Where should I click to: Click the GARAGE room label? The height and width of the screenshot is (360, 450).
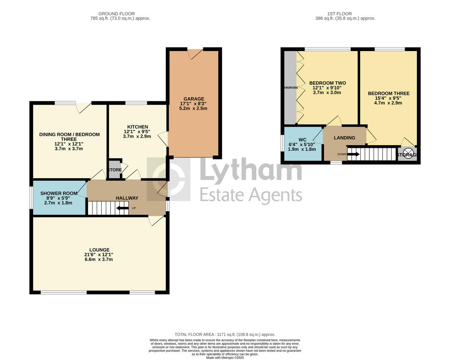pos(193,99)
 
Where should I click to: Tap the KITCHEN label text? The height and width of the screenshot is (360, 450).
pos(137,127)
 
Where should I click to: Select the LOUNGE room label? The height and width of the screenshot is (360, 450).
pos(99,250)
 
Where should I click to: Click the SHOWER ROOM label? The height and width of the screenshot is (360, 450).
pos(59,193)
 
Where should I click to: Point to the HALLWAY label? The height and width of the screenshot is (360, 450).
pos(127,198)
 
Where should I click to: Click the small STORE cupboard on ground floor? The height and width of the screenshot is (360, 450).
pos(115,170)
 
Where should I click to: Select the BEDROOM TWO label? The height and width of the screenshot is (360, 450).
pos(327,83)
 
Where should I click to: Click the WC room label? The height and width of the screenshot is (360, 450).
pos(303,139)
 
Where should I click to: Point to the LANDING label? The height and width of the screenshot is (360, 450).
pos(344,138)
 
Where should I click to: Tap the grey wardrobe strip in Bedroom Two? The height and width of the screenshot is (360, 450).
pos(290,88)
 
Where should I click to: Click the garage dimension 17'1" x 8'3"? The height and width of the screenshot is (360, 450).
pos(193,103)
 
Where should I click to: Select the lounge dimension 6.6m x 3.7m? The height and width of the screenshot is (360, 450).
pos(99,259)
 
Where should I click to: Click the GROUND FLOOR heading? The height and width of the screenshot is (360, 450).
pos(120,14)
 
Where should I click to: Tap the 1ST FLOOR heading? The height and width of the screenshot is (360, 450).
pos(345,14)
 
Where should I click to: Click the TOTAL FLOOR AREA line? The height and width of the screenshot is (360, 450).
pos(225,334)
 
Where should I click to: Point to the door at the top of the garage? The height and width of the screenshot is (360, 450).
pos(195,53)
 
